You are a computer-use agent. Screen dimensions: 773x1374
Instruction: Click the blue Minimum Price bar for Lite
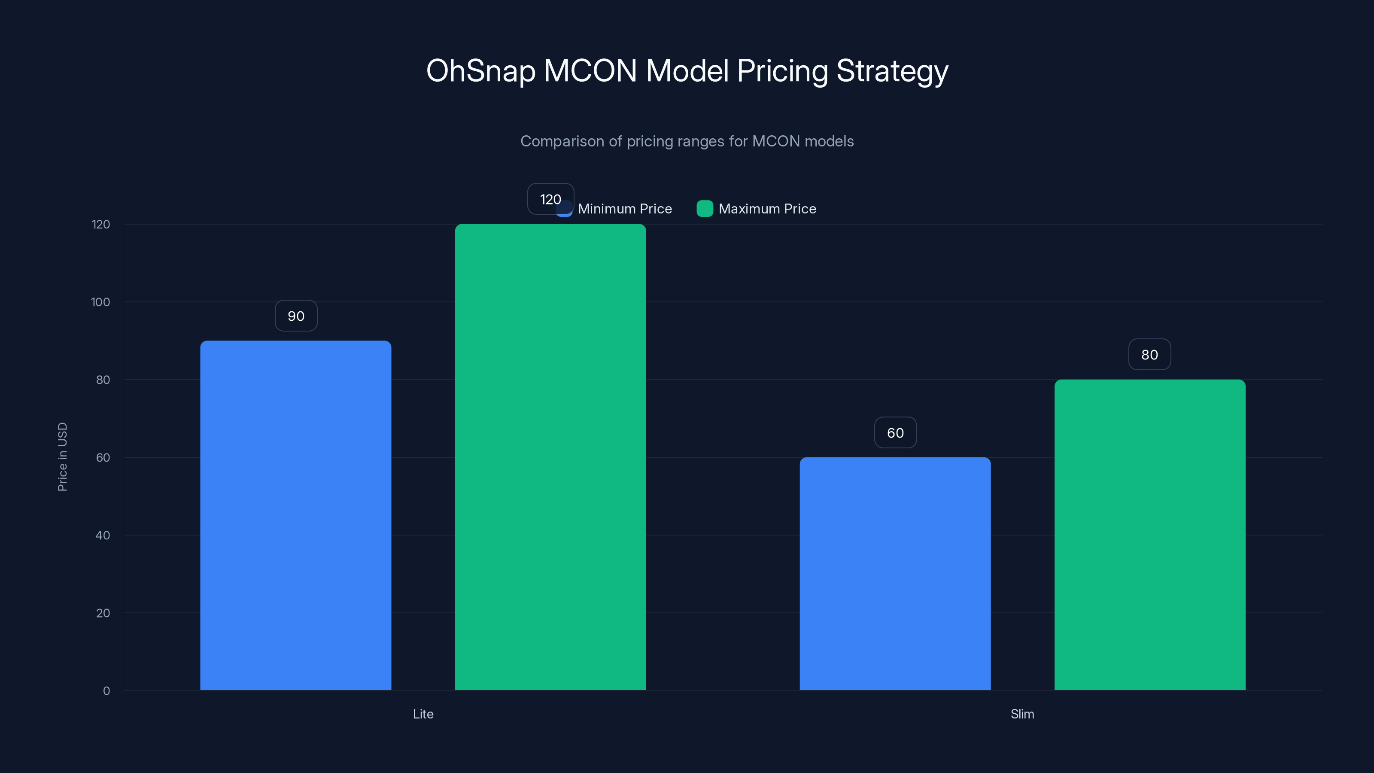[x=295, y=515]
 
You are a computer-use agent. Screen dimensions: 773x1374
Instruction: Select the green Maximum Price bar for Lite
[x=550, y=456]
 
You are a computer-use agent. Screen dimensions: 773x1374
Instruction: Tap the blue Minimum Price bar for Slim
[x=894, y=573]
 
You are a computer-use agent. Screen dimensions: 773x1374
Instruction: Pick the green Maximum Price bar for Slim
[x=1149, y=535]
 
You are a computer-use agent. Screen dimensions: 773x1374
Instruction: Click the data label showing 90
[x=296, y=316]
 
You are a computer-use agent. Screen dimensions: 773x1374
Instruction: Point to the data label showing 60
[x=895, y=432]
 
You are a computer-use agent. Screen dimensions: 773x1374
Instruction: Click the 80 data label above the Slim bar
[x=1149, y=355]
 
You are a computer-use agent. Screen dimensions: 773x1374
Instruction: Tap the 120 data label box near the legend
[x=550, y=199]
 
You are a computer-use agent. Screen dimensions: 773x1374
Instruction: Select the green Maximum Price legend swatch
[x=705, y=209]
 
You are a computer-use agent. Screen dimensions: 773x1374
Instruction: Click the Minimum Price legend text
[x=625, y=209]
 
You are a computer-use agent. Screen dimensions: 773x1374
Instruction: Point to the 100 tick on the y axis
[x=100, y=302]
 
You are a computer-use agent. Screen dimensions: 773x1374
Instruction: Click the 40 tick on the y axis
[x=103, y=535]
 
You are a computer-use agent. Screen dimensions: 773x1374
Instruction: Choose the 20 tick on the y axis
[x=103, y=613]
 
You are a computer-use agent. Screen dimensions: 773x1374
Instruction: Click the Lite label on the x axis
[x=423, y=714]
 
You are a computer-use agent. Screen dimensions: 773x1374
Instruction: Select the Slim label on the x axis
[x=1022, y=714]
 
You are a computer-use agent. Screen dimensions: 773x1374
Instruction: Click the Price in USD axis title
[x=62, y=456]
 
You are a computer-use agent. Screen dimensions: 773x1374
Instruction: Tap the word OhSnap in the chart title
[x=480, y=71]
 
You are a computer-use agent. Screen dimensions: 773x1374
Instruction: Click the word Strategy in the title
[x=892, y=71]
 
